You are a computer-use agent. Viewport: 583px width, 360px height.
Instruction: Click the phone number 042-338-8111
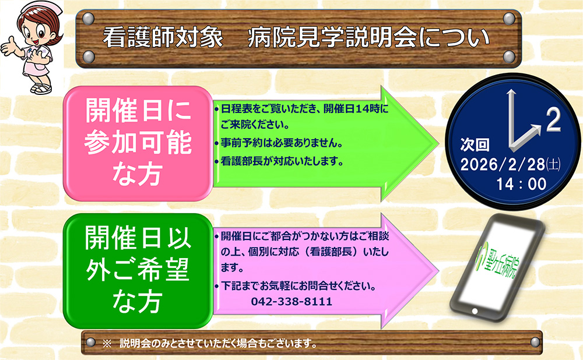(291, 301)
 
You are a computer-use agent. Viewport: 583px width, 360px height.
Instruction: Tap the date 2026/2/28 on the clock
(503, 164)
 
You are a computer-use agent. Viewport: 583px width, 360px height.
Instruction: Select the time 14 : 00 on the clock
(521, 184)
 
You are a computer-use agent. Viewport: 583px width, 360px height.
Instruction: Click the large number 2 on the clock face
(553, 119)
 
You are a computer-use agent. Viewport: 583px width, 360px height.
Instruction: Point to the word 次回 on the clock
(475, 144)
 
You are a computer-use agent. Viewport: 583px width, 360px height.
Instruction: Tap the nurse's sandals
(41, 88)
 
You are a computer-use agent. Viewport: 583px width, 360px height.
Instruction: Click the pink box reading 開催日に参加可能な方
(138, 143)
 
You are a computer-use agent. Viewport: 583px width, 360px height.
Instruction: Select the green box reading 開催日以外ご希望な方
(138, 271)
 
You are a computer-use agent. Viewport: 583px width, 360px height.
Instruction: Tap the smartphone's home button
(475, 311)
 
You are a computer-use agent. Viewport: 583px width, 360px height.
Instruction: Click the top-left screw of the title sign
(88, 18)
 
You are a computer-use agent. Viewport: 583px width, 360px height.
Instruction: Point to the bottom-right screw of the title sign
(509, 57)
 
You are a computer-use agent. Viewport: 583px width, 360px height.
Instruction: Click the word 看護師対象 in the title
(163, 37)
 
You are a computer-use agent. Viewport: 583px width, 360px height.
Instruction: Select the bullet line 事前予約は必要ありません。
(282, 143)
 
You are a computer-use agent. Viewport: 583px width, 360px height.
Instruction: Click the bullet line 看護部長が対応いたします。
(282, 161)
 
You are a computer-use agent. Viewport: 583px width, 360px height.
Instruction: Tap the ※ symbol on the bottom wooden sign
(107, 343)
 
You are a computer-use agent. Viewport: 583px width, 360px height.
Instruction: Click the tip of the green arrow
(438, 143)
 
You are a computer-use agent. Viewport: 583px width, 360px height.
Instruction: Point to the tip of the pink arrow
(438, 271)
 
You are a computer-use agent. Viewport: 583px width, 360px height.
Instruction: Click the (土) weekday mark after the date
(553, 164)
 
